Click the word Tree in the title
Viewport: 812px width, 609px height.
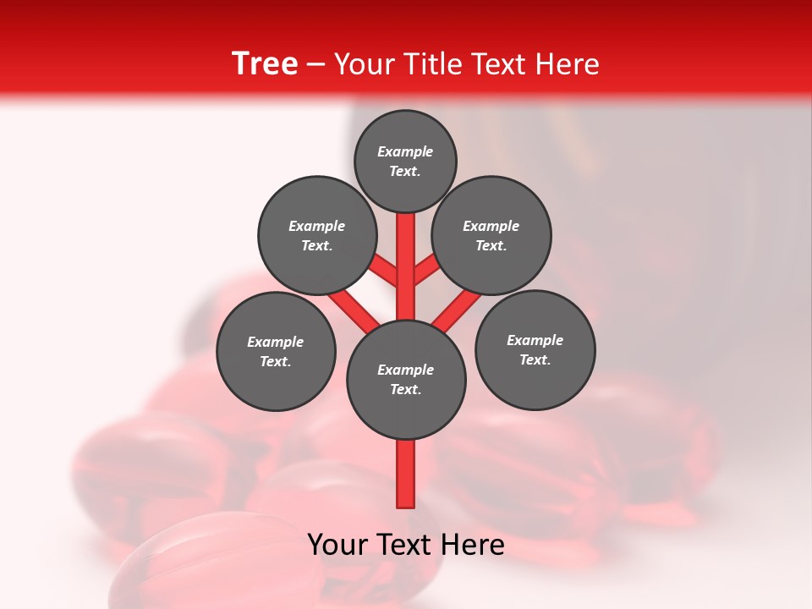(x=265, y=63)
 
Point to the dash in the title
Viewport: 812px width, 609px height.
(x=315, y=65)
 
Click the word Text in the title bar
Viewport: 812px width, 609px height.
(x=499, y=64)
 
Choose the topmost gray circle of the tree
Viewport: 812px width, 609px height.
(x=405, y=161)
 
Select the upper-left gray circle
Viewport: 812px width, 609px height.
(x=317, y=235)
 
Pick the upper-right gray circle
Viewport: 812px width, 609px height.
(x=491, y=235)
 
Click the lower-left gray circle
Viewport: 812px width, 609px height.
(x=276, y=351)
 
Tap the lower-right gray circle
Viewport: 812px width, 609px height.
(x=535, y=349)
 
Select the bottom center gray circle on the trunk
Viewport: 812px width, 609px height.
(x=406, y=380)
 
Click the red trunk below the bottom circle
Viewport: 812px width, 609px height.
(x=406, y=474)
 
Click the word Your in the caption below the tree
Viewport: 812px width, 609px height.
(x=338, y=545)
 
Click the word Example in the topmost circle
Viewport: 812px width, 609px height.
(x=405, y=151)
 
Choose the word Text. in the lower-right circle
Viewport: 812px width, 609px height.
(x=535, y=359)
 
